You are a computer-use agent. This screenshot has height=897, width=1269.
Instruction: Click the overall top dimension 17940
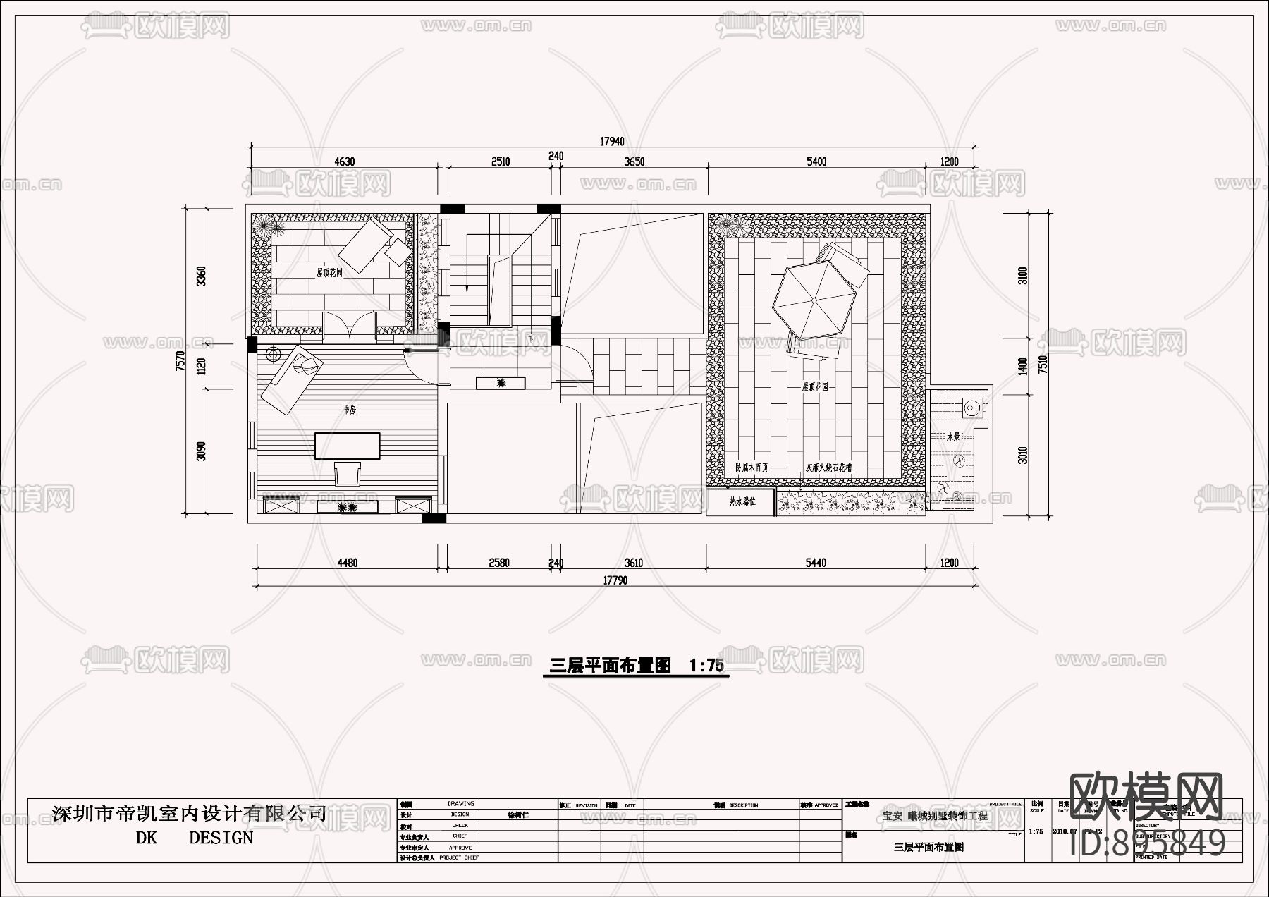pyautogui.click(x=612, y=142)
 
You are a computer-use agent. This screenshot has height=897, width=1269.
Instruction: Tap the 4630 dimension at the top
pyautogui.click(x=344, y=161)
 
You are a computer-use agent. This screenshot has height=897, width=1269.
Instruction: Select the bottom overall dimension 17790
pyautogui.click(x=615, y=580)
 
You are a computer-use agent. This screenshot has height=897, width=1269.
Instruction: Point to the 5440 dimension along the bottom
pyautogui.click(x=816, y=563)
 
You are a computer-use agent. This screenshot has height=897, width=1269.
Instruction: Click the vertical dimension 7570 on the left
pyautogui.click(x=180, y=361)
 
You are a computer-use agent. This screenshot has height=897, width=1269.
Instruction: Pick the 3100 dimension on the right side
pyautogui.click(x=1023, y=275)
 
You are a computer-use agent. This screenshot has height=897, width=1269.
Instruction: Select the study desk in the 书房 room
pyautogui.click(x=348, y=446)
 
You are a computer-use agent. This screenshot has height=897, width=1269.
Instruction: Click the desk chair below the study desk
pyautogui.click(x=348, y=472)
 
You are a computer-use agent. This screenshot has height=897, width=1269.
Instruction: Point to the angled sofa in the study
pyautogui.click(x=289, y=381)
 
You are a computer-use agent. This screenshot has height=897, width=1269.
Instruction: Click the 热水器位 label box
pyautogui.click(x=742, y=502)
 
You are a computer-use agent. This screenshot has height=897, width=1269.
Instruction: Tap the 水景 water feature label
pyautogui.click(x=953, y=437)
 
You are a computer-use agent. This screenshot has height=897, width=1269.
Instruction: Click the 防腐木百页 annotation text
pyautogui.click(x=752, y=467)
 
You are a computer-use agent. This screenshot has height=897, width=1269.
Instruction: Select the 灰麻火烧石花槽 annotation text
pyautogui.click(x=829, y=467)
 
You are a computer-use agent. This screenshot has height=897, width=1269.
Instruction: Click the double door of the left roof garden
pyautogui.click(x=349, y=326)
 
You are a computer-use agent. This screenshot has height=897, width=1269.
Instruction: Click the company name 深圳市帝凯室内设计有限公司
pyautogui.click(x=189, y=814)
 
